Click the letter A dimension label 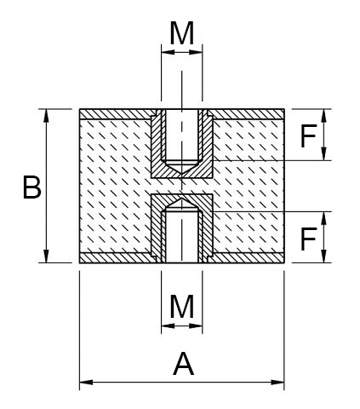182,365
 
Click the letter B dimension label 31,187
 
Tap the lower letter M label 182,306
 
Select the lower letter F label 310,238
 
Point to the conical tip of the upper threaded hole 181,170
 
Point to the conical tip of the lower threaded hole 181,202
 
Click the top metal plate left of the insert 115,113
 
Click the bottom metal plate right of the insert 247,258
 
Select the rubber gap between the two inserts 181,186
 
